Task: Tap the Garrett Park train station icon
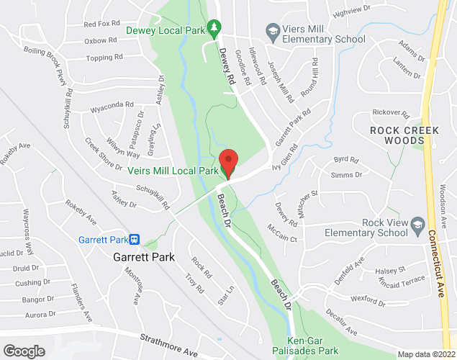point(134,238)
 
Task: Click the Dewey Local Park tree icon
point(213,29)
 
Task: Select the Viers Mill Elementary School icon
point(271,30)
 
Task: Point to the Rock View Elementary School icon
point(416,228)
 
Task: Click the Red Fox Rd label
point(101,24)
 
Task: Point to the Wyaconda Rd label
point(112,107)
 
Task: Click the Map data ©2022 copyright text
point(425,354)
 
